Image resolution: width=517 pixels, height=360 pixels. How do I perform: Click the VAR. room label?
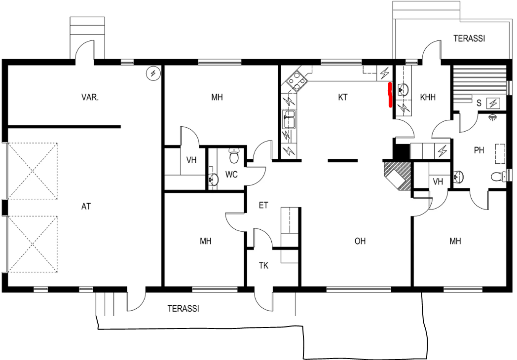90,97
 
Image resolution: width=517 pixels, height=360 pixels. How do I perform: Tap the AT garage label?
86,206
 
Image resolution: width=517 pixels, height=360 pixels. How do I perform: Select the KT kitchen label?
343,97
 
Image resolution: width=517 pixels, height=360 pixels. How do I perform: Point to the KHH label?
428,97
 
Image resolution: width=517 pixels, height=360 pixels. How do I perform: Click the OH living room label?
360,241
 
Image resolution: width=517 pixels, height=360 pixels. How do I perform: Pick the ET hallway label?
263,205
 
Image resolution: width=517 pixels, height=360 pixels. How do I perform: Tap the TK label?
263,266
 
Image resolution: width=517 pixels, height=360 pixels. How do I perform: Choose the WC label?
231,175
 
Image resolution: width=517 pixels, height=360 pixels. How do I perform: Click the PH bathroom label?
479,150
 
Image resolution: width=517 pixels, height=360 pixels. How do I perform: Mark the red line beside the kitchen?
390,95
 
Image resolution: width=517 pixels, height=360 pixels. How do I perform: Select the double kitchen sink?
289,119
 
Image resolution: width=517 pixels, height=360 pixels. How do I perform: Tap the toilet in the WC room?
234,156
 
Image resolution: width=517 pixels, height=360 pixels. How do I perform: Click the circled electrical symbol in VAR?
153,73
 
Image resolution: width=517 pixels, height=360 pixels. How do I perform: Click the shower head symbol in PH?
492,117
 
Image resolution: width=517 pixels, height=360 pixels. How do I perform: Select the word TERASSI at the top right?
469,38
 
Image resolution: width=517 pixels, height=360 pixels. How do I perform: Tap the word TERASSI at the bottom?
184,309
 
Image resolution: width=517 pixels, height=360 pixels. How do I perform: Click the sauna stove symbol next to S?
493,104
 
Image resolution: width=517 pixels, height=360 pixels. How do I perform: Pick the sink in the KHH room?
403,89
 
